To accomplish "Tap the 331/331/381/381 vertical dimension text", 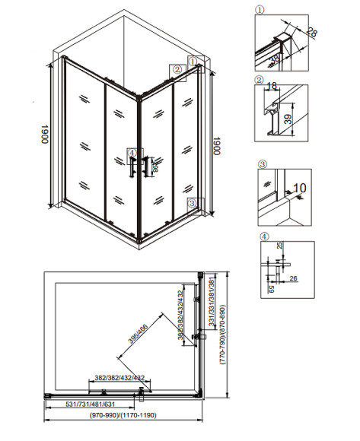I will pos(209,307).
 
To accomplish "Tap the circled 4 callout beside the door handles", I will pos(131,152).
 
